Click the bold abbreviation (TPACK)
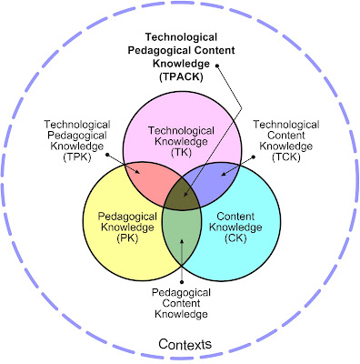click(x=181, y=76)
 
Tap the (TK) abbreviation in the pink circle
click(x=181, y=152)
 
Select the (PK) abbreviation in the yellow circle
click(x=127, y=238)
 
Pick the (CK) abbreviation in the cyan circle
click(x=235, y=238)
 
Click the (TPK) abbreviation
click(x=77, y=157)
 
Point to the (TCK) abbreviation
click(x=286, y=157)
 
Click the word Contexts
click(x=185, y=344)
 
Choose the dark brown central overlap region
click(x=182, y=194)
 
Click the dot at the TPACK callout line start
click(x=217, y=66)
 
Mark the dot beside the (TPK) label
click(x=107, y=155)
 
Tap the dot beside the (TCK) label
click(x=254, y=157)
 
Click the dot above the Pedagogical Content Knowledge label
click(x=182, y=282)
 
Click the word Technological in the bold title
click(x=181, y=37)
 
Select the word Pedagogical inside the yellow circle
click(x=127, y=217)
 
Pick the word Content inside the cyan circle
click(x=235, y=217)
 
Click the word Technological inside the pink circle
click(x=181, y=131)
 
